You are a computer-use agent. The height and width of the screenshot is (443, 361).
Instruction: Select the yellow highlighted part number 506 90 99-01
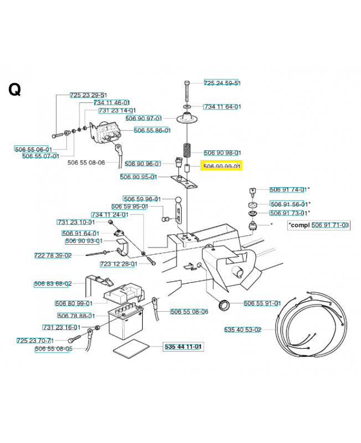click(221, 166)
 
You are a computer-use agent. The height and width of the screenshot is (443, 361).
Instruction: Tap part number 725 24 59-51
click(222, 83)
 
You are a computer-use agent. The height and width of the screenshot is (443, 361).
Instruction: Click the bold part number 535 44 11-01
click(183, 347)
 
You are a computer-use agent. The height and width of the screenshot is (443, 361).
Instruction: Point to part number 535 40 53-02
click(242, 329)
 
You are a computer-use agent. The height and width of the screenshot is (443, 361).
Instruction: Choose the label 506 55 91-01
click(262, 303)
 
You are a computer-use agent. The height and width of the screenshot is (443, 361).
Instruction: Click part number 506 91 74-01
click(288, 189)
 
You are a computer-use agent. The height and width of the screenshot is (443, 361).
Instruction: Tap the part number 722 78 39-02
click(53, 255)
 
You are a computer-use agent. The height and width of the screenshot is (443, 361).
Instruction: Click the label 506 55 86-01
click(152, 130)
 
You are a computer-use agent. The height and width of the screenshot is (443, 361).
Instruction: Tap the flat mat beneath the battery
click(131, 349)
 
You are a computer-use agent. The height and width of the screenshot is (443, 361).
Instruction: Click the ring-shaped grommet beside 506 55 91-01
click(224, 305)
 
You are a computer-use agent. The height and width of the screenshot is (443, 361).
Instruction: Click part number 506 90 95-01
click(139, 177)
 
